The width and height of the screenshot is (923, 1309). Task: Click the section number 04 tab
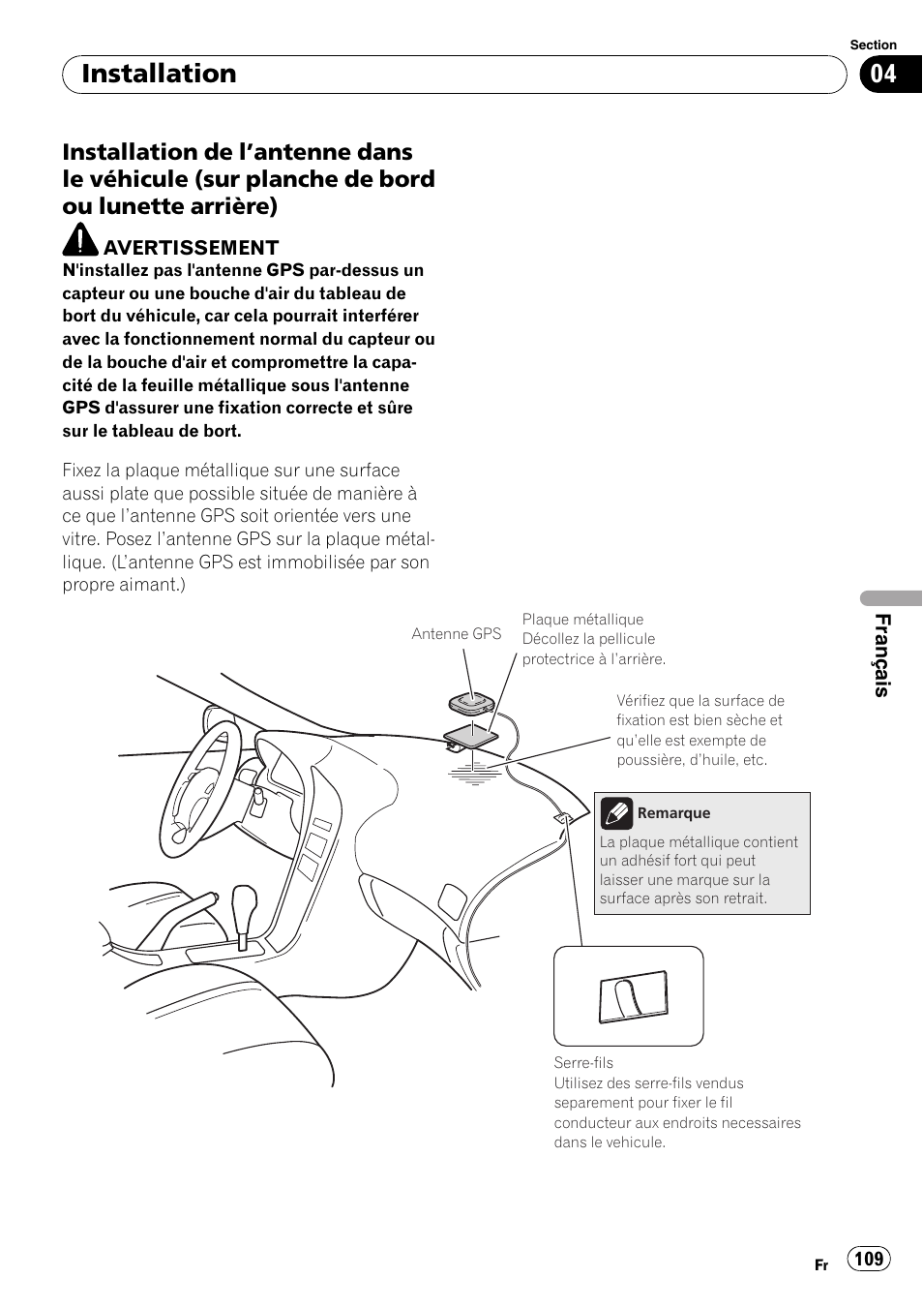(889, 75)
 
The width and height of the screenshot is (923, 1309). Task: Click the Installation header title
(159, 74)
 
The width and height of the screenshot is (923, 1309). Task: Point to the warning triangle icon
(80, 239)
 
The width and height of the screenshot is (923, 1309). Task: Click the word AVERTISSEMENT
(191, 248)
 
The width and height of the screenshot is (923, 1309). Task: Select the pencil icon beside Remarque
(616, 813)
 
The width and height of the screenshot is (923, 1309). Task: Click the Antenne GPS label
(456, 634)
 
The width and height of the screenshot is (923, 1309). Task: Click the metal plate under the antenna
(470, 735)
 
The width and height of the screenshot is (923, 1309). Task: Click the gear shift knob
(244, 900)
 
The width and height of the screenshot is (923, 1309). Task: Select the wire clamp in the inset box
(633, 997)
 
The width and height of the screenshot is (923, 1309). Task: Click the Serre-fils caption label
(583, 1063)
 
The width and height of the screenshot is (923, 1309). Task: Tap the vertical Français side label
(881, 655)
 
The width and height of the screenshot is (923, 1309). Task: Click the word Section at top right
(873, 45)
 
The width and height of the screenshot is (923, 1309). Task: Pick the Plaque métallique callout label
(582, 620)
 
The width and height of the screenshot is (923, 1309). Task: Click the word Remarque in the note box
(673, 813)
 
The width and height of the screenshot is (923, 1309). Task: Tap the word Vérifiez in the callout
(641, 701)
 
